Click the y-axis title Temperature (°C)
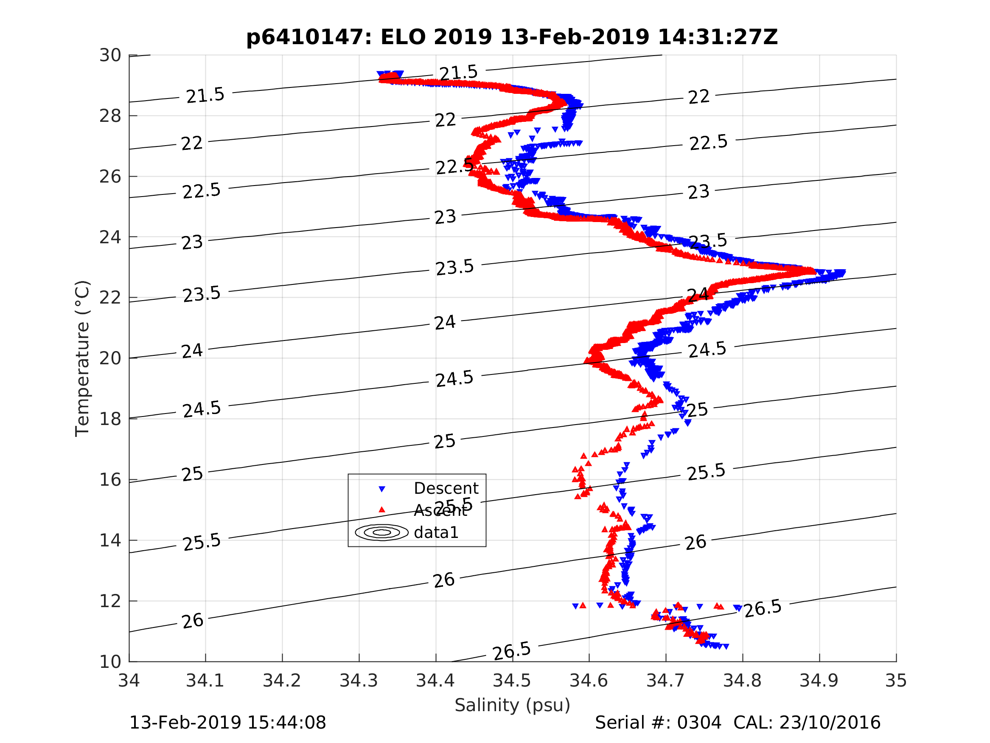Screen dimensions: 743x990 pyautogui.click(x=82, y=358)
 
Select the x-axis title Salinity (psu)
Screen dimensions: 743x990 pyautogui.click(x=513, y=705)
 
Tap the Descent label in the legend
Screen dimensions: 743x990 pyautogui.click(x=446, y=489)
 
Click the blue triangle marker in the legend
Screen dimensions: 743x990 pyautogui.click(x=382, y=490)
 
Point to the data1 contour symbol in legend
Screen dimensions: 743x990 pyautogui.click(x=382, y=532)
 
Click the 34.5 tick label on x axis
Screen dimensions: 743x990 pyautogui.click(x=512, y=681)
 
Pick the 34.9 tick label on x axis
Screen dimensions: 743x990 pyautogui.click(x=819, y=681)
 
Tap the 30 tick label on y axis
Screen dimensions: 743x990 pyautogui.click(x=110, y=56)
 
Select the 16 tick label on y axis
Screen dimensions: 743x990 pyautogui.click(x=110, y=480)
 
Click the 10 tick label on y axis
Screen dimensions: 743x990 pyautogui.click(x=110, y=662)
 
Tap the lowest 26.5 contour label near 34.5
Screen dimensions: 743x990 pyautogui.click(x=512, y=651)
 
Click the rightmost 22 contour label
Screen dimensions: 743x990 pyautogui.click(x=698, y=97)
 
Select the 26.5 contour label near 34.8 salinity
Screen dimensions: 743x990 pyautogui.click(x=763, y=608)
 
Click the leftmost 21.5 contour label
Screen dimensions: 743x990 pyautogui.click(x=205, y=96)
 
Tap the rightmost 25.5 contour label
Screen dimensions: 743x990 pyautogui.click(x=706, y=473)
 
